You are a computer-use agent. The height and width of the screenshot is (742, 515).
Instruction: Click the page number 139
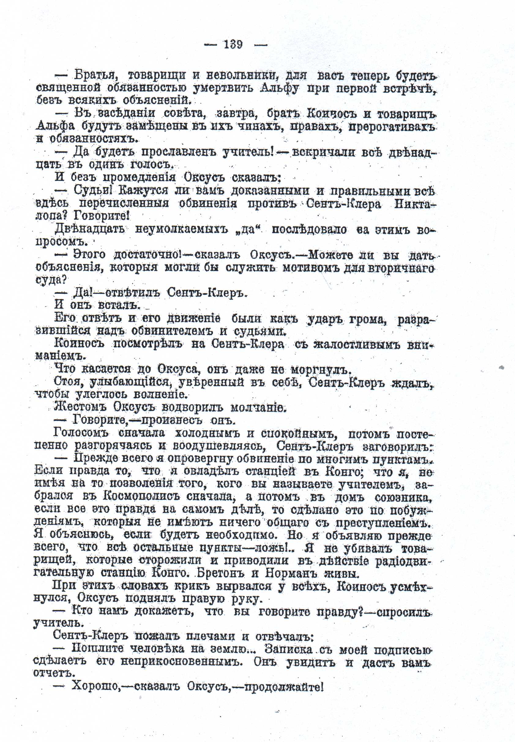[x=233, y=44]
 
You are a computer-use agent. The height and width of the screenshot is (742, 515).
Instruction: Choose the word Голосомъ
[x=81, y=433]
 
